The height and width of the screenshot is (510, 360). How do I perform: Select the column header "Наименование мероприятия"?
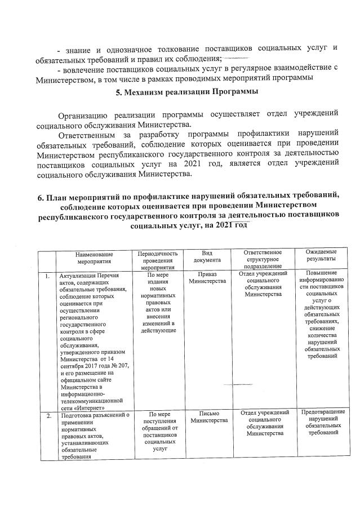coord(94,258)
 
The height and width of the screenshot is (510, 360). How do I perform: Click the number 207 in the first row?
coord(124,366)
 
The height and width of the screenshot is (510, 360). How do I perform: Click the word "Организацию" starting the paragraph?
coord(84,114)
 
